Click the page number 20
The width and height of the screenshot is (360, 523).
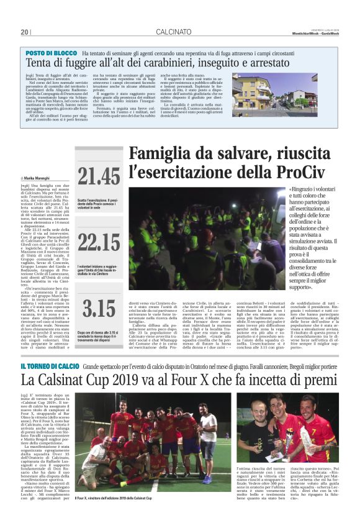click(25, 32)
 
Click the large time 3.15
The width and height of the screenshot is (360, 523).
click(99, 309)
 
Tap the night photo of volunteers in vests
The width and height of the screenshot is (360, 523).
click(207, 239)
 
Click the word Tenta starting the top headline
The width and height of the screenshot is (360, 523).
click(40, 64)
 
